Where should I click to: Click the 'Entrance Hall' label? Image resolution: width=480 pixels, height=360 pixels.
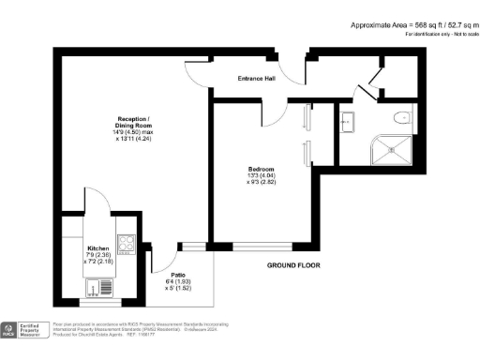257,78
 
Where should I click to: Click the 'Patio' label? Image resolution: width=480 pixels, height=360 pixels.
177,275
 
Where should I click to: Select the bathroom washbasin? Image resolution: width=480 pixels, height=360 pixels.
346,120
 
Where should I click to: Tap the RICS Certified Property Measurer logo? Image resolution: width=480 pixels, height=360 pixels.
24,330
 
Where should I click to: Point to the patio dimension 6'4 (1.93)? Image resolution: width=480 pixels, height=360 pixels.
177,282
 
